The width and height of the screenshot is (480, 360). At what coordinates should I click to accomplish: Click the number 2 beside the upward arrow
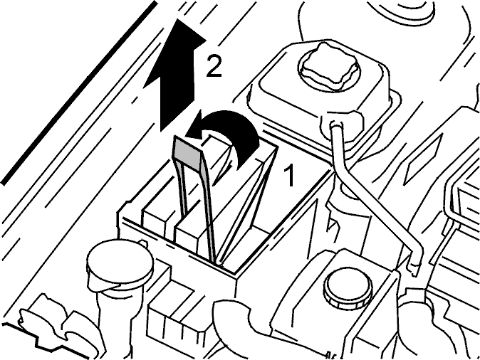[x=214, y=65]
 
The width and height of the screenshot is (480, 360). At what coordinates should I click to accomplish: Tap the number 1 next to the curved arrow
[x=288, y=174]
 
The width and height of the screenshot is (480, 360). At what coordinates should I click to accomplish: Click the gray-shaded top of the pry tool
[x=187, y=151]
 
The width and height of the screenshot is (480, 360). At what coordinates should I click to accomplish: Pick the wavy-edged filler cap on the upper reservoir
[x=328, y=68]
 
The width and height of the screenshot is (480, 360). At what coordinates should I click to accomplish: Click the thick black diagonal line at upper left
[x=79, y=93]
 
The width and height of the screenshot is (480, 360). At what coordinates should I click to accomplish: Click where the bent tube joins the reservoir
[x=336, y=125]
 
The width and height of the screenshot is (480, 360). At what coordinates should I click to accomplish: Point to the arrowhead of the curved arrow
[x=196, y=129]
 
